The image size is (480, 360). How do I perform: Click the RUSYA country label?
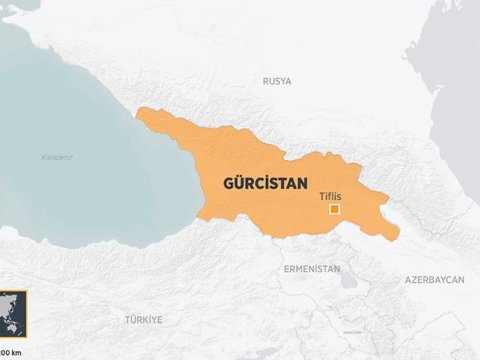click(x=277, y=80)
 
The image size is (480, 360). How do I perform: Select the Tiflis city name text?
click(x=330, y=196)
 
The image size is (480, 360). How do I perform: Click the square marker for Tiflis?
click(x=336, y=209)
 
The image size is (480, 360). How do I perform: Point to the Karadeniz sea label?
click(x=57, y=157)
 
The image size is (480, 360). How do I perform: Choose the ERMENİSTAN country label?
click(x=312, y=269)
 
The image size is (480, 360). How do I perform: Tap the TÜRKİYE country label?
click(x=144, y=319)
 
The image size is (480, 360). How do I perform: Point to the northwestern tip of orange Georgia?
click(x=138, y=111)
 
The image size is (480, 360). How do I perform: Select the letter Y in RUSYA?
click(x=283, y=80)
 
